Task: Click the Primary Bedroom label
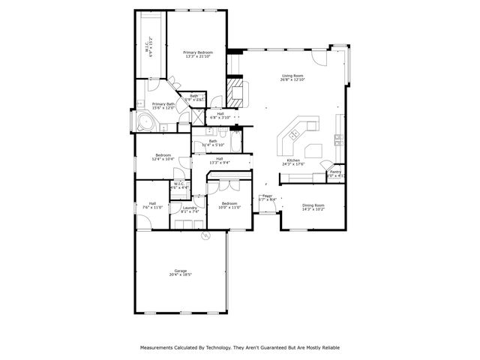[198, 52]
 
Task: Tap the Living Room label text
[292, 76]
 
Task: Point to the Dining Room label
[313, 205]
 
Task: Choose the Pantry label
[334, 172]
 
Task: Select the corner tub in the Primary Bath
[142, 122]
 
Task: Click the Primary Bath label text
[163, 104]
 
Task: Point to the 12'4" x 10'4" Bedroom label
[163, 155]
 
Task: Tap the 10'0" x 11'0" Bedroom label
[229, 203]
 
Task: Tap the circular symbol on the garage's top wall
[204, 236]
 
